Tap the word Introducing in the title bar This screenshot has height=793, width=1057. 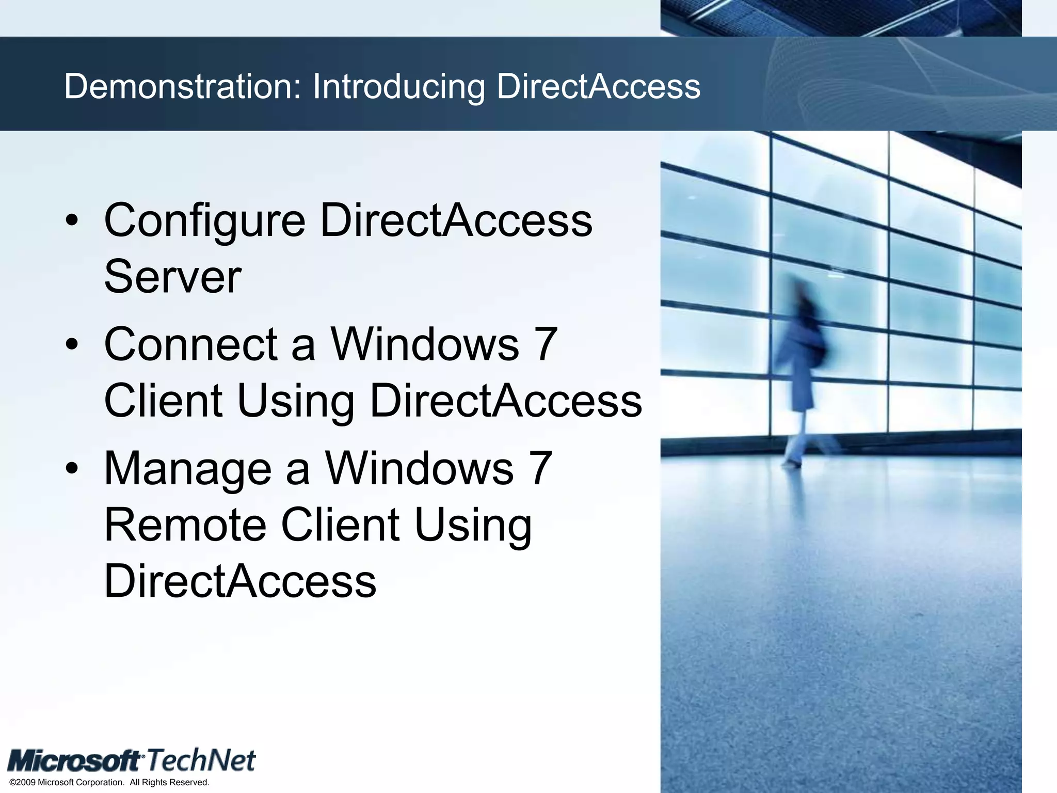[x=398, y=87]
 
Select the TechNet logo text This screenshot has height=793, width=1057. [x=201, y=760]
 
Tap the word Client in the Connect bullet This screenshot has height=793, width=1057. [x=163, y=401]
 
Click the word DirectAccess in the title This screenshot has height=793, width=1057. [x=598, y=86]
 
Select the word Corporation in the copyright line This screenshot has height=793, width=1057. [x=100, y=783]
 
